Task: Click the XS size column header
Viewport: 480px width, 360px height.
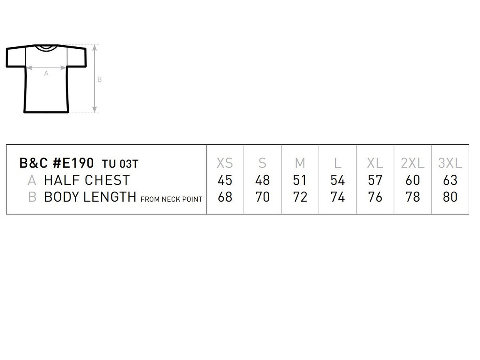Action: coord(224,163)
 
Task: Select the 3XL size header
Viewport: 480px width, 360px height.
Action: coord(450,163)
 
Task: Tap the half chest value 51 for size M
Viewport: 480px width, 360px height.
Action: coord(300,180)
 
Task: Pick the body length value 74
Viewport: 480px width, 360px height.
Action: coord(338,197)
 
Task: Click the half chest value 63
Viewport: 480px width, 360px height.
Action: coord(450,180)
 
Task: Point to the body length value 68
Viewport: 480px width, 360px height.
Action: coord(225,197)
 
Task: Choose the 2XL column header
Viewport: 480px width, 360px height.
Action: coord(412,163)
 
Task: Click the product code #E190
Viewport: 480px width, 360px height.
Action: coord(73,163)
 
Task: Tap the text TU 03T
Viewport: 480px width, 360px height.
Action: coord(120,164)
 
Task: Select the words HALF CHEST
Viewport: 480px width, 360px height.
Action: coord(87,180)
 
